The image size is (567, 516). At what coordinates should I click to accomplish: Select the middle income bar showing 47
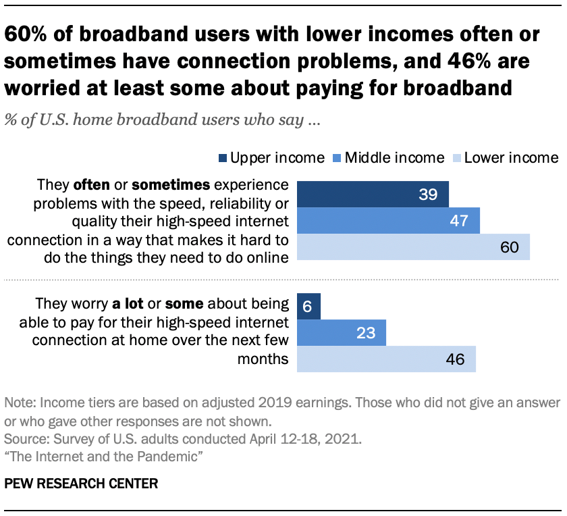[388, 220]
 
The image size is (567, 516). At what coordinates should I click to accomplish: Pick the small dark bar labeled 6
[308, 305]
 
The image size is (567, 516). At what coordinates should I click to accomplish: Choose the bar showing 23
[342, 332]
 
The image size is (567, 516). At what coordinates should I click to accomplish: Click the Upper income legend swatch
[222, 158]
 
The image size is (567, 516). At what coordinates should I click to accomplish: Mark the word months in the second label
[264, 359]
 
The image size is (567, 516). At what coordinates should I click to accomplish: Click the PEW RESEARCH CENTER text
[82, 484]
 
